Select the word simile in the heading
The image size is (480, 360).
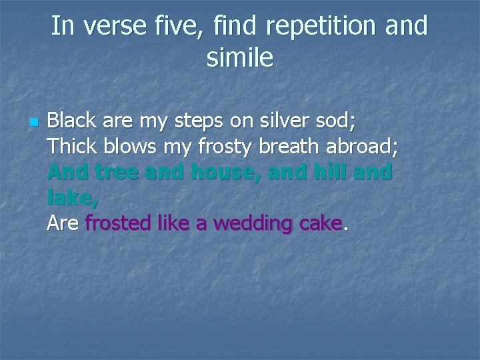(240, 59)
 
